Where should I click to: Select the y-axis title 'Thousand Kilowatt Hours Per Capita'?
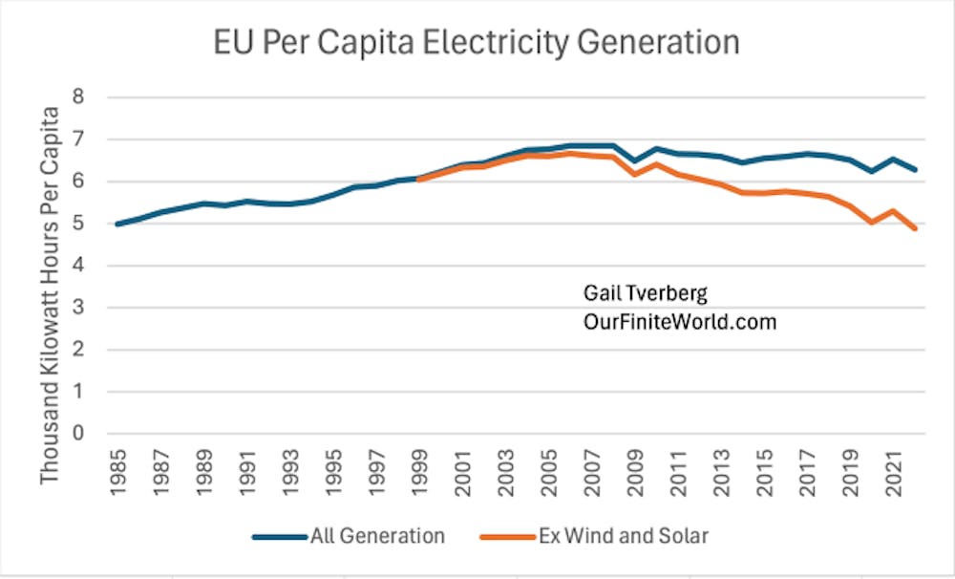pos(50,294)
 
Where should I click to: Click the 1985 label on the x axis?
pos(118,468)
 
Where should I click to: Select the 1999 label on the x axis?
pos(418,468)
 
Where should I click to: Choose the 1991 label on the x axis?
pos(246,468)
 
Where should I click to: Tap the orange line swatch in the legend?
pos(531,537)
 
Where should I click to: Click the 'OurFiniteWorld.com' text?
pos(680,322)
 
